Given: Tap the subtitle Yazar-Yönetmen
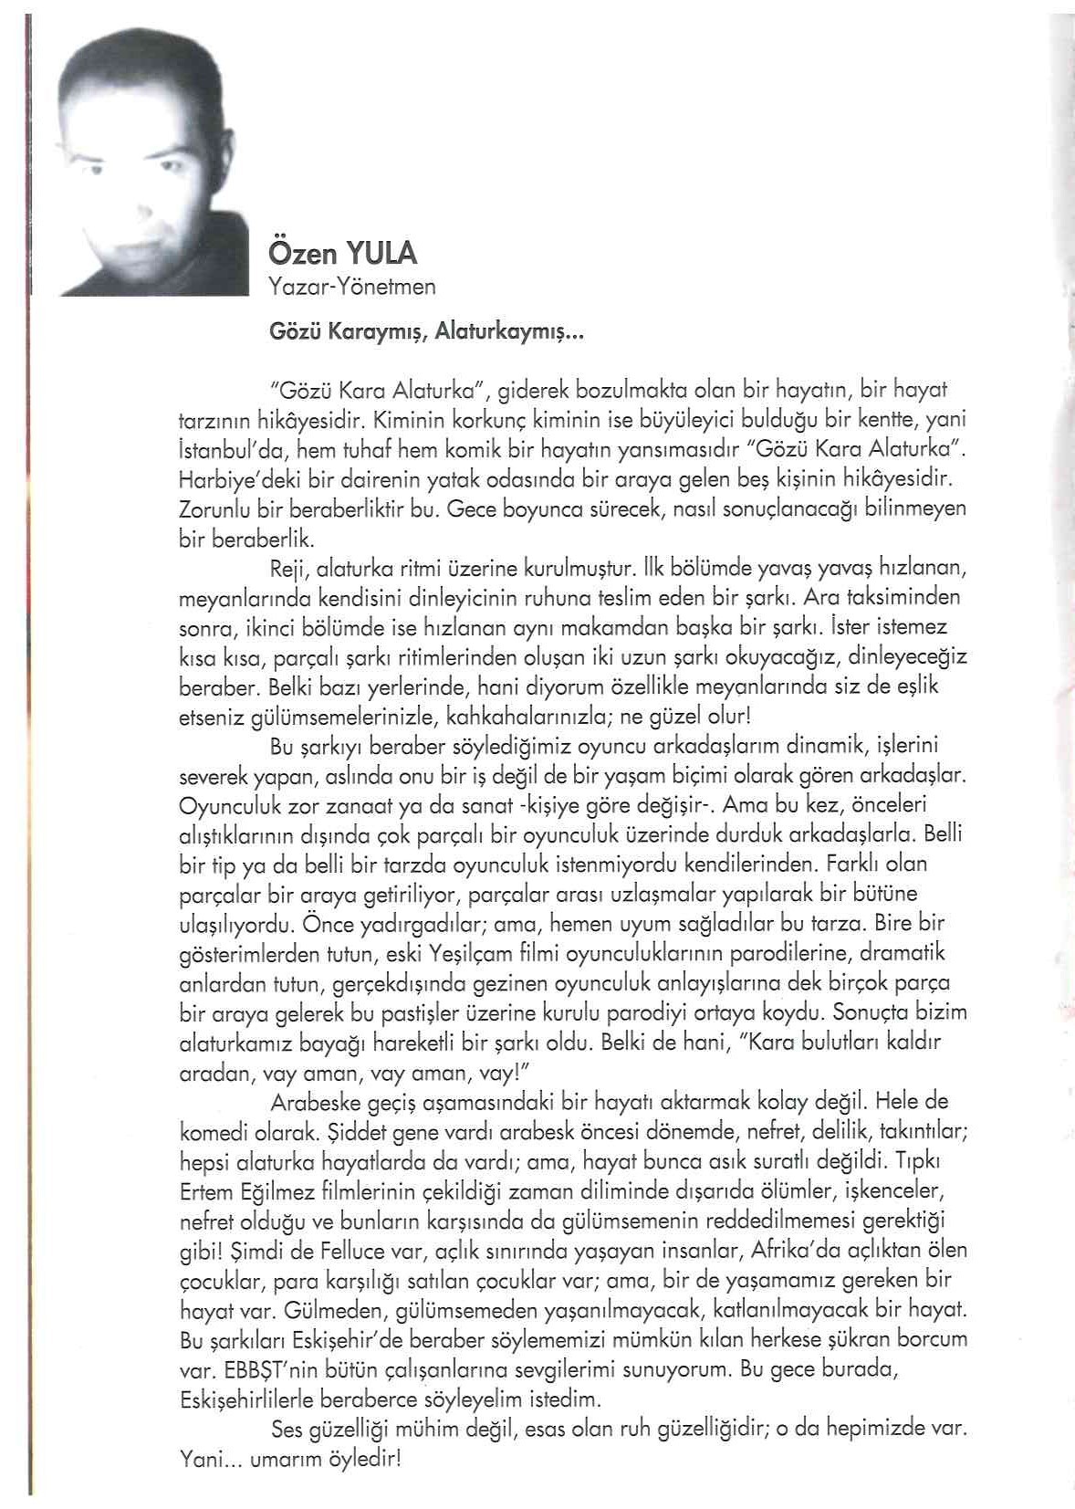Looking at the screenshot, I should coord(352,287).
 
